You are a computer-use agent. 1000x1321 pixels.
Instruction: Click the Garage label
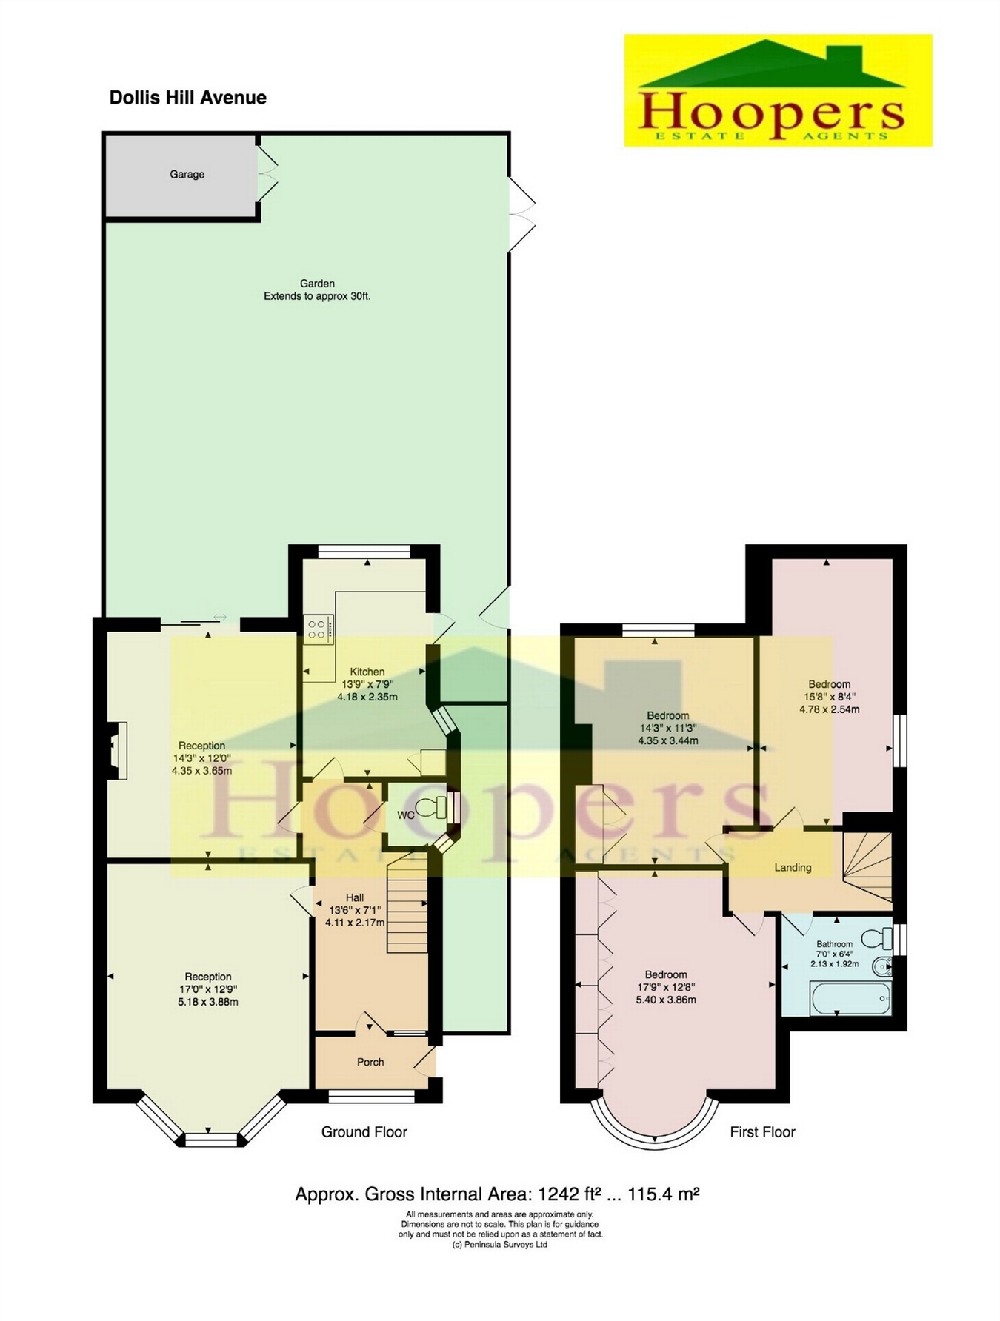(x=187, y=175)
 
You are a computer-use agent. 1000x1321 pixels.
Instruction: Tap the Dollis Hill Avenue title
(x=187, y=98)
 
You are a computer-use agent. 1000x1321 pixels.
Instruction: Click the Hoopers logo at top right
(x=778, y=90)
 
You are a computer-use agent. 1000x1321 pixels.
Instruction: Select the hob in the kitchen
(x=318, y=629)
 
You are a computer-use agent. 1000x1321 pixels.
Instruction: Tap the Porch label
(x=370, y=1062)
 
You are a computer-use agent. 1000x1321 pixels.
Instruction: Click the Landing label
(x=793, y=867)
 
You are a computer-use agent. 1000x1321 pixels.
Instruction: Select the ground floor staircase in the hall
(x=407, y=903)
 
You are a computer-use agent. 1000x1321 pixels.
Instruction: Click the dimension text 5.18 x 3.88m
(x=208, y=1002)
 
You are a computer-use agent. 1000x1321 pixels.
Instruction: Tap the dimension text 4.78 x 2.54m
(x=829, y=709)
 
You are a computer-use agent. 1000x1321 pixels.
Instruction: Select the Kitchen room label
(x=367, y=672)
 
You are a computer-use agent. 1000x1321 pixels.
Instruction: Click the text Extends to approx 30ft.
(x=317, y=296)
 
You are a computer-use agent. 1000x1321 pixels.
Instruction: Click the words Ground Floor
(x=364, y=1131)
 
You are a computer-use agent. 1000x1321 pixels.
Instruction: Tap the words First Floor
(x=762, y=1131)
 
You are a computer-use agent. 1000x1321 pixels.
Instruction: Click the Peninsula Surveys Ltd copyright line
(x=499, y=1245)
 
